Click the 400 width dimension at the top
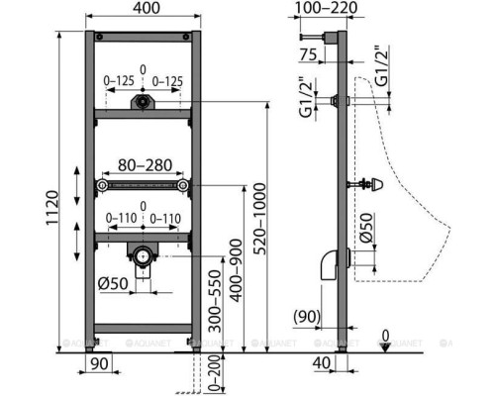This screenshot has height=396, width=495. pyautogui.click(x=147, y=8)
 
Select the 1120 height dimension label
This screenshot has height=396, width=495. pyautogui.click(x=52, y=208)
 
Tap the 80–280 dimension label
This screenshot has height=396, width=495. pyautogui.click(x=145, y=165)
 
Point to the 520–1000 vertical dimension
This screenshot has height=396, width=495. pyautogui.click(x=261, y=219)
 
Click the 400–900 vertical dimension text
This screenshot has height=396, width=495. pyautogui.click(x=236, y=270)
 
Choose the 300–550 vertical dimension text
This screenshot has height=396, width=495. pyautogui.click(x=215, y=301)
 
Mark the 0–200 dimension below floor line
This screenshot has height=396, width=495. pyautogui.click(x=215, y=373)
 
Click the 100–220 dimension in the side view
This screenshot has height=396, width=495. pyautogui.click(x=326, y=8)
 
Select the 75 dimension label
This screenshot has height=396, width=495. pyautogui.click(x=308, y=54)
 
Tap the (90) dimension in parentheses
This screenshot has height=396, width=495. pyautogui.click(x=307, y=317)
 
